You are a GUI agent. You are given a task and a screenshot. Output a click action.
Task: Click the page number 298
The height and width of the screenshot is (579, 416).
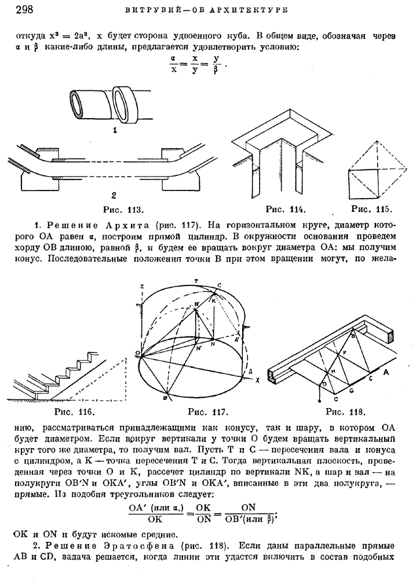24,9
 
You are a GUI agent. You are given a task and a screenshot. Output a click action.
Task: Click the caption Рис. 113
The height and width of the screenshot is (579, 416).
123,210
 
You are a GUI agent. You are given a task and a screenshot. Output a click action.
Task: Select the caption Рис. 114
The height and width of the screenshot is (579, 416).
286,210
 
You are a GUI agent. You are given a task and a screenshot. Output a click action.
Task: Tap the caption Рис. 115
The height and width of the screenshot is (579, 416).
371,209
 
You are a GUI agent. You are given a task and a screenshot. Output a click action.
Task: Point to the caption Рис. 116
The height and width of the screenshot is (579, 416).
75,411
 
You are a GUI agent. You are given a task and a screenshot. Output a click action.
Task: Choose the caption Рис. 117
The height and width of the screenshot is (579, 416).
209,412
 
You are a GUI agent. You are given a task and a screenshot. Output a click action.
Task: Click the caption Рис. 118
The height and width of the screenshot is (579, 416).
345,411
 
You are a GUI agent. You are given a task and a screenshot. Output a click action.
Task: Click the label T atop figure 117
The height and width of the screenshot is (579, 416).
196,281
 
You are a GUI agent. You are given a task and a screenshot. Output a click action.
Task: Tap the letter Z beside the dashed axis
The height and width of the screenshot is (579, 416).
142,287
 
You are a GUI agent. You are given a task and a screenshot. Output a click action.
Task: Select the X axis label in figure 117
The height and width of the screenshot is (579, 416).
257,380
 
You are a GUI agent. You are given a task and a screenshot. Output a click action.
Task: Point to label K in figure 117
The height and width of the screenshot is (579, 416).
214,301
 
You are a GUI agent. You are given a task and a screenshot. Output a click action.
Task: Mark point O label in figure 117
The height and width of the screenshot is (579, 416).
137,353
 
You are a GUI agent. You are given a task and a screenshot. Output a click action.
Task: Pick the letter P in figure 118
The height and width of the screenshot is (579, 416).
345,353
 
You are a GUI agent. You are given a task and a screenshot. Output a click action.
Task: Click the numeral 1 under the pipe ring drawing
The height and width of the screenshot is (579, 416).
115,130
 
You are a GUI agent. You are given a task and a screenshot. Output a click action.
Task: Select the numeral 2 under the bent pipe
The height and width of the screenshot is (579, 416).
114,195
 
